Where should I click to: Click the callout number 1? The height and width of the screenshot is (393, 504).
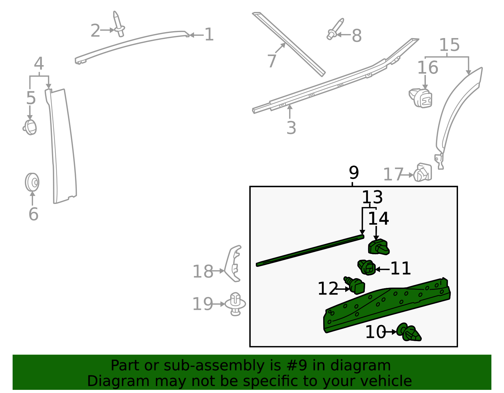tap(209, 35)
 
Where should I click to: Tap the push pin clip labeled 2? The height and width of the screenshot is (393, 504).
tap(119, 24)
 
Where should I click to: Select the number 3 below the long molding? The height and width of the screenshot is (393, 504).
tap(291, 128)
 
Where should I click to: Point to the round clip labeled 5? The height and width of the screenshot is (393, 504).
tap(30, 127)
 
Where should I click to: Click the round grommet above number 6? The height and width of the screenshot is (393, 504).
tap(32, 182)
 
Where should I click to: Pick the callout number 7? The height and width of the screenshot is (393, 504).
tap(272, 61)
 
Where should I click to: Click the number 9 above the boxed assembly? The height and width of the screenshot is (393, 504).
tap(354, 173)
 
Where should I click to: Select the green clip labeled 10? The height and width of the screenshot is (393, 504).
tap(409, 333)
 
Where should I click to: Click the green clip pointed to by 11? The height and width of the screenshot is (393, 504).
tap(366, 267)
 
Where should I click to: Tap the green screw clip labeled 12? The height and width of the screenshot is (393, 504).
tap(354, 285)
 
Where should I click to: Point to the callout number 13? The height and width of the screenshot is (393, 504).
tap(372, 197)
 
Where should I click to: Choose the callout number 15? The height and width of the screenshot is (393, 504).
tap(449, 45)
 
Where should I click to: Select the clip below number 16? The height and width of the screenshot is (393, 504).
tap(420, 98)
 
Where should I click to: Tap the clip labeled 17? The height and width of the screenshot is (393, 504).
tap(423, 172)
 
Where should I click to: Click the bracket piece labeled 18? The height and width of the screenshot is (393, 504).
tap(233, 264)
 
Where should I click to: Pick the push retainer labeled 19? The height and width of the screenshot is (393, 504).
tap(235, 304)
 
